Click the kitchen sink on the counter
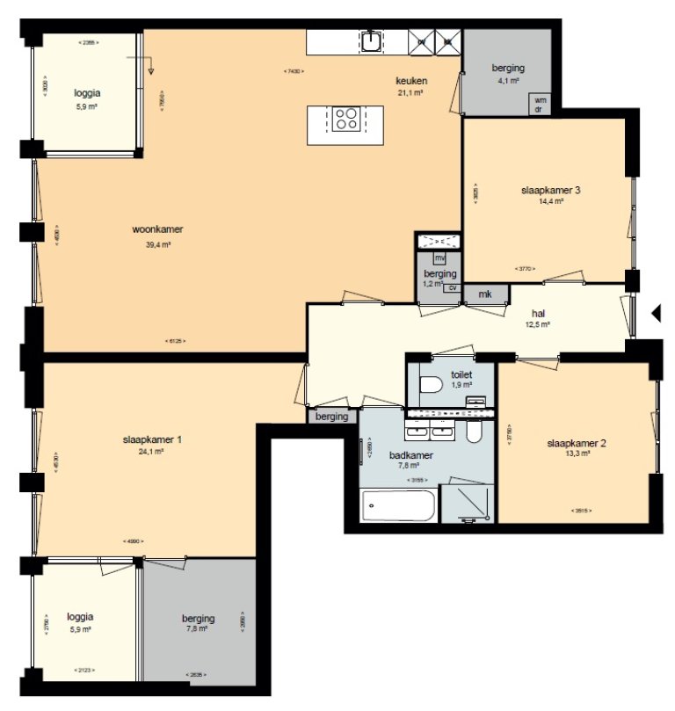(372, 40)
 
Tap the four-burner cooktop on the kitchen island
(345, 118)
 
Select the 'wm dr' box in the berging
(539, 105)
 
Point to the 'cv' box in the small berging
(453, 287)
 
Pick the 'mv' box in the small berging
(440, 258)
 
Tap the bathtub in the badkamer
(398, 507)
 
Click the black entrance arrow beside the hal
(655, 312)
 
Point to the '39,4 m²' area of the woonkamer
(157, 245)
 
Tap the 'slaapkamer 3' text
(550, 190)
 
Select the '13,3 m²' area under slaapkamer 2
(576, 455)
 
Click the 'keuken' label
(411, 81)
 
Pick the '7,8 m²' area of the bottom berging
(196, 628)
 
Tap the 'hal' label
(538, 312)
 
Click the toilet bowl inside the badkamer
(474, 432)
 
